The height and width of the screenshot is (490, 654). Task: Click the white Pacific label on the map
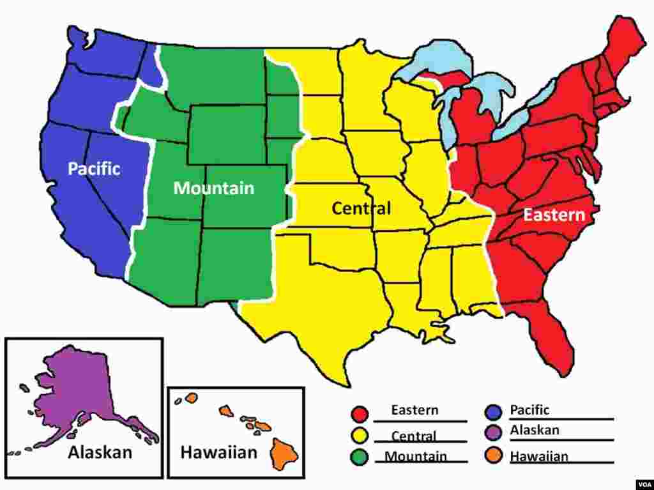(x=94, y=169)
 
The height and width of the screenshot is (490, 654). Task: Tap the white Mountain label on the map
(x=213, y=188)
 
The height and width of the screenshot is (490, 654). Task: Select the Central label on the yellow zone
(x=361, y=208)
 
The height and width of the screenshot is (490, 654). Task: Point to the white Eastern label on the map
(x=554, y=215)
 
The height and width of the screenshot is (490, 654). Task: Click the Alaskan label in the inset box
(x=100, y=452)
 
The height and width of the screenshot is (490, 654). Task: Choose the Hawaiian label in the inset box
(x=218, y=453)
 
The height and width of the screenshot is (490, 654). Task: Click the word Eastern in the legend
(x=414, y=410)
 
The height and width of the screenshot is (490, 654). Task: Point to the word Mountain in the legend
(x=415, y=456)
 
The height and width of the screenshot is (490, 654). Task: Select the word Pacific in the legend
(x=529, y=410)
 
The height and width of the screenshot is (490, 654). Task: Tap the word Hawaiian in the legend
(x=538, y=456)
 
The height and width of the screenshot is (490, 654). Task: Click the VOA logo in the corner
(x=642, y=483)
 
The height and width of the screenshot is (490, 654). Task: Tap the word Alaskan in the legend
(x=535, y=430)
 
